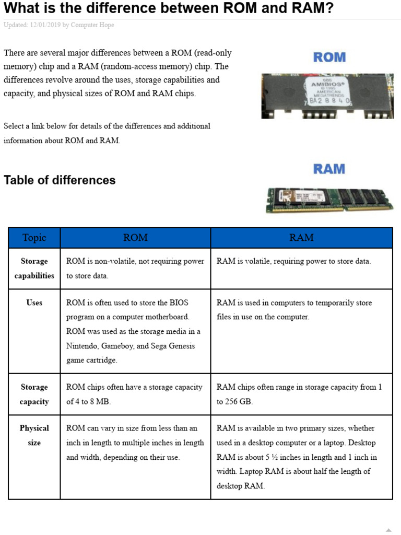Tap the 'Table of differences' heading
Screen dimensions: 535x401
click(x=60, y=180)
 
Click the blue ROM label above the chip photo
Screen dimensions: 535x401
click(x=329, y=57)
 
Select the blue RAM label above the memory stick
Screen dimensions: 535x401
click(x=329, y=169)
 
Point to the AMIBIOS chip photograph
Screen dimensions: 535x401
click(x=327, y=96)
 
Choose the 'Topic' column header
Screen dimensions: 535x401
click(x=34, y=238)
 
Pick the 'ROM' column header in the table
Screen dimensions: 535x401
click(x=135, y=238)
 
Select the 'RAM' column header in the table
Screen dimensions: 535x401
click(x=301, y=238)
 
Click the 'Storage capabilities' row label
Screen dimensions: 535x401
click(x=34, y=269)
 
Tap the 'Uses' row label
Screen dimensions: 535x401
click(x=34, y=303)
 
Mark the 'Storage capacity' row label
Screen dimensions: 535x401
click(x=34, y=394)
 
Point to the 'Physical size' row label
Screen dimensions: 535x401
click(x=34, y=435)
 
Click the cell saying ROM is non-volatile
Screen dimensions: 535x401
click(x=135, y=269)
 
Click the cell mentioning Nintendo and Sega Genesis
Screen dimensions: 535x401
click(x=135, y=331)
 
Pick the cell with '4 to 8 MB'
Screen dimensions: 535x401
click(x=135, y=394)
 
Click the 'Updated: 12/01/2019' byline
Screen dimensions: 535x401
click(x=58, y=25)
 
